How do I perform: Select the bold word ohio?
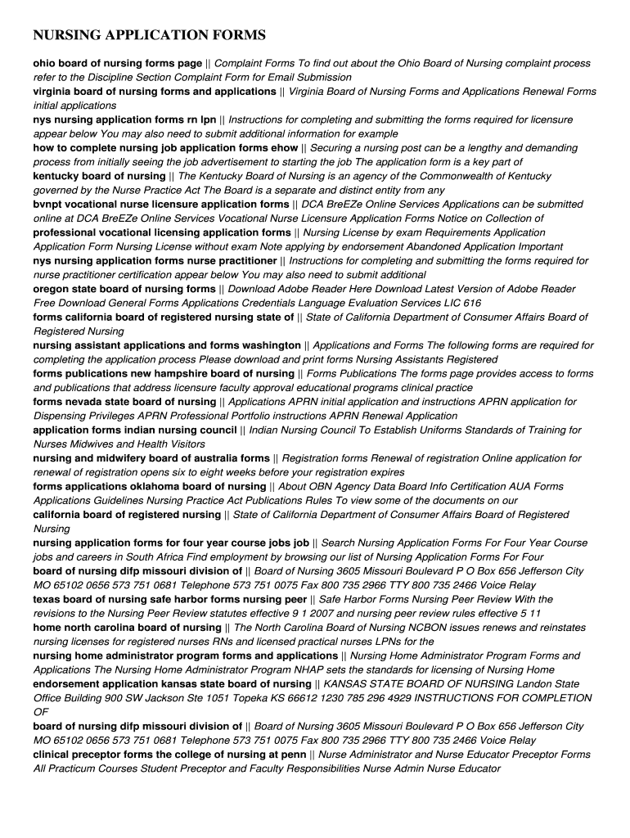[x=44, y=63]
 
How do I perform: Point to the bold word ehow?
[x=283, y=148]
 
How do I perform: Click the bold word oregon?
[x=52, y=289]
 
